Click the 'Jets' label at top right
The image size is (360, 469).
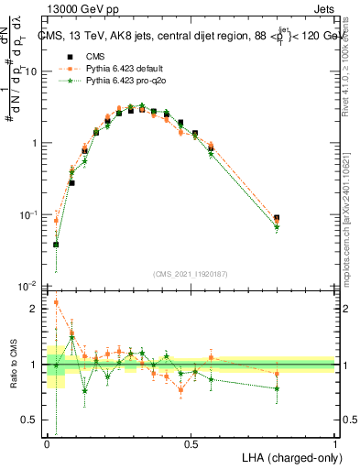322,7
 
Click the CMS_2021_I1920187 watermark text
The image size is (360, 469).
191,274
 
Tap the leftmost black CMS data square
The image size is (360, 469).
56,245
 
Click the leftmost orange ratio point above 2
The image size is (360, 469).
56,302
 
